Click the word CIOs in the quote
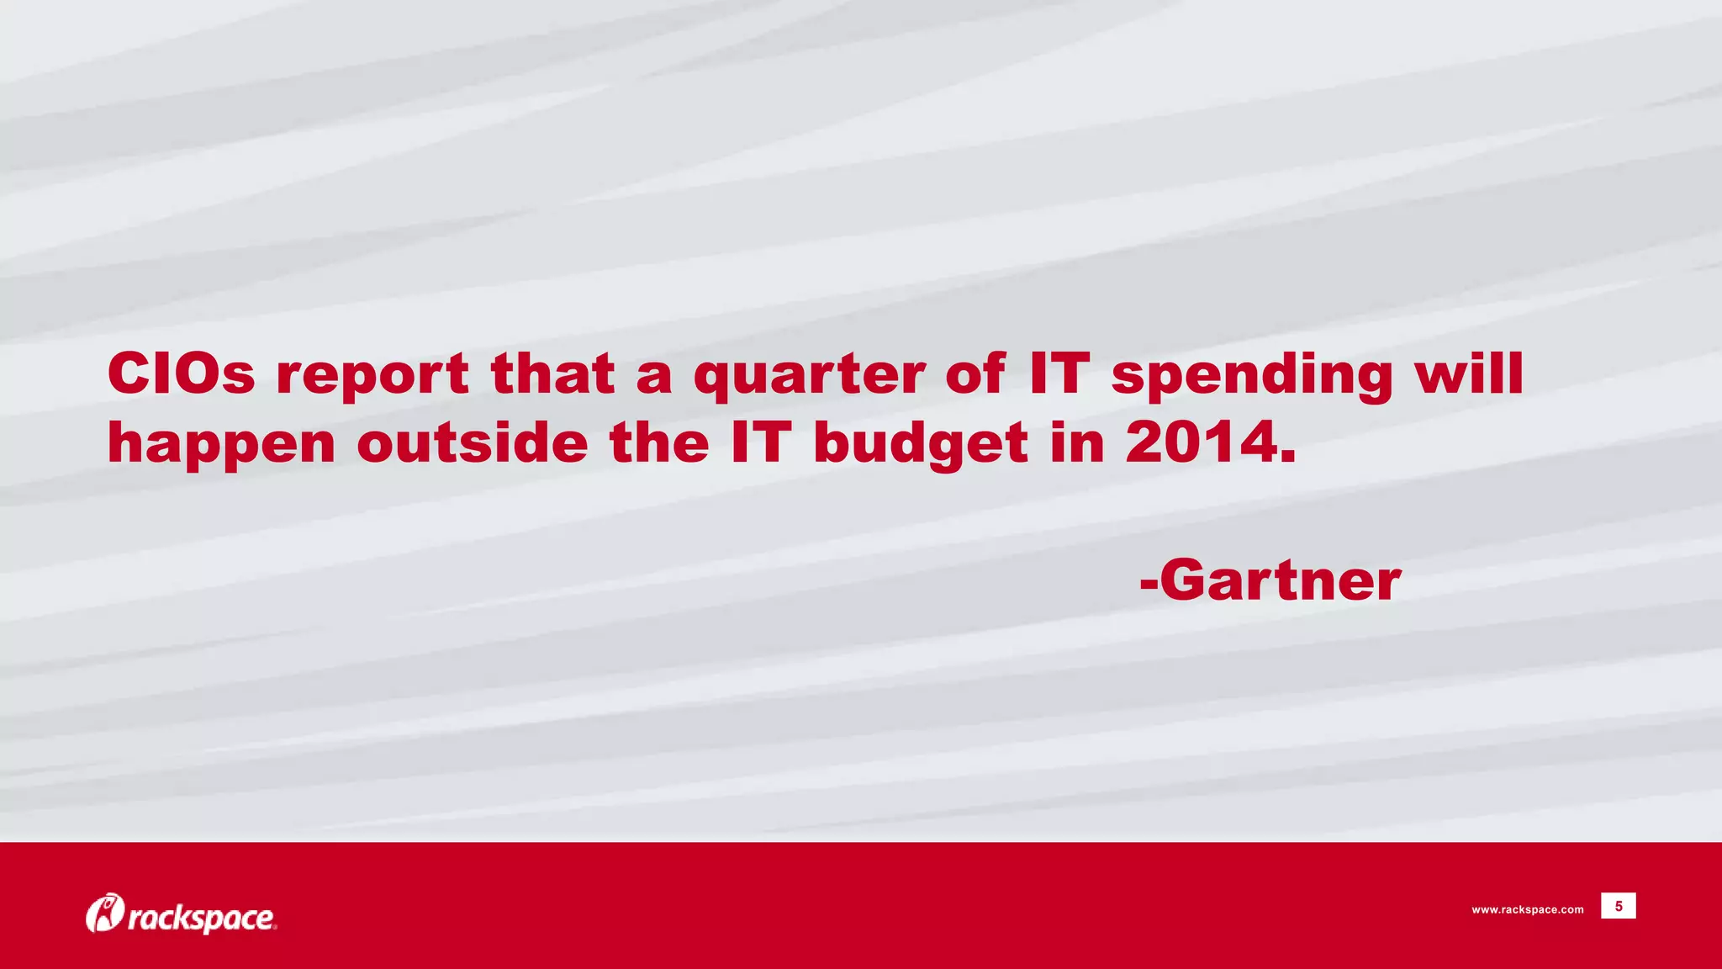(181, 373)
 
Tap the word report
(372, 375)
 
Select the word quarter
(808, 375)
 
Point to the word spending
(1252, 375)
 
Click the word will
(1469, 373)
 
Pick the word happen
(221, 445)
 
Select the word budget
(921, 445)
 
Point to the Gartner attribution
(1270, 580)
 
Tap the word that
(552, 373)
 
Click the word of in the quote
(975, 373)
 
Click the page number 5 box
(1618, 906)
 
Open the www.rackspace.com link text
(1527, 909)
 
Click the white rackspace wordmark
(201, 918)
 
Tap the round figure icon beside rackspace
(104, 913)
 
